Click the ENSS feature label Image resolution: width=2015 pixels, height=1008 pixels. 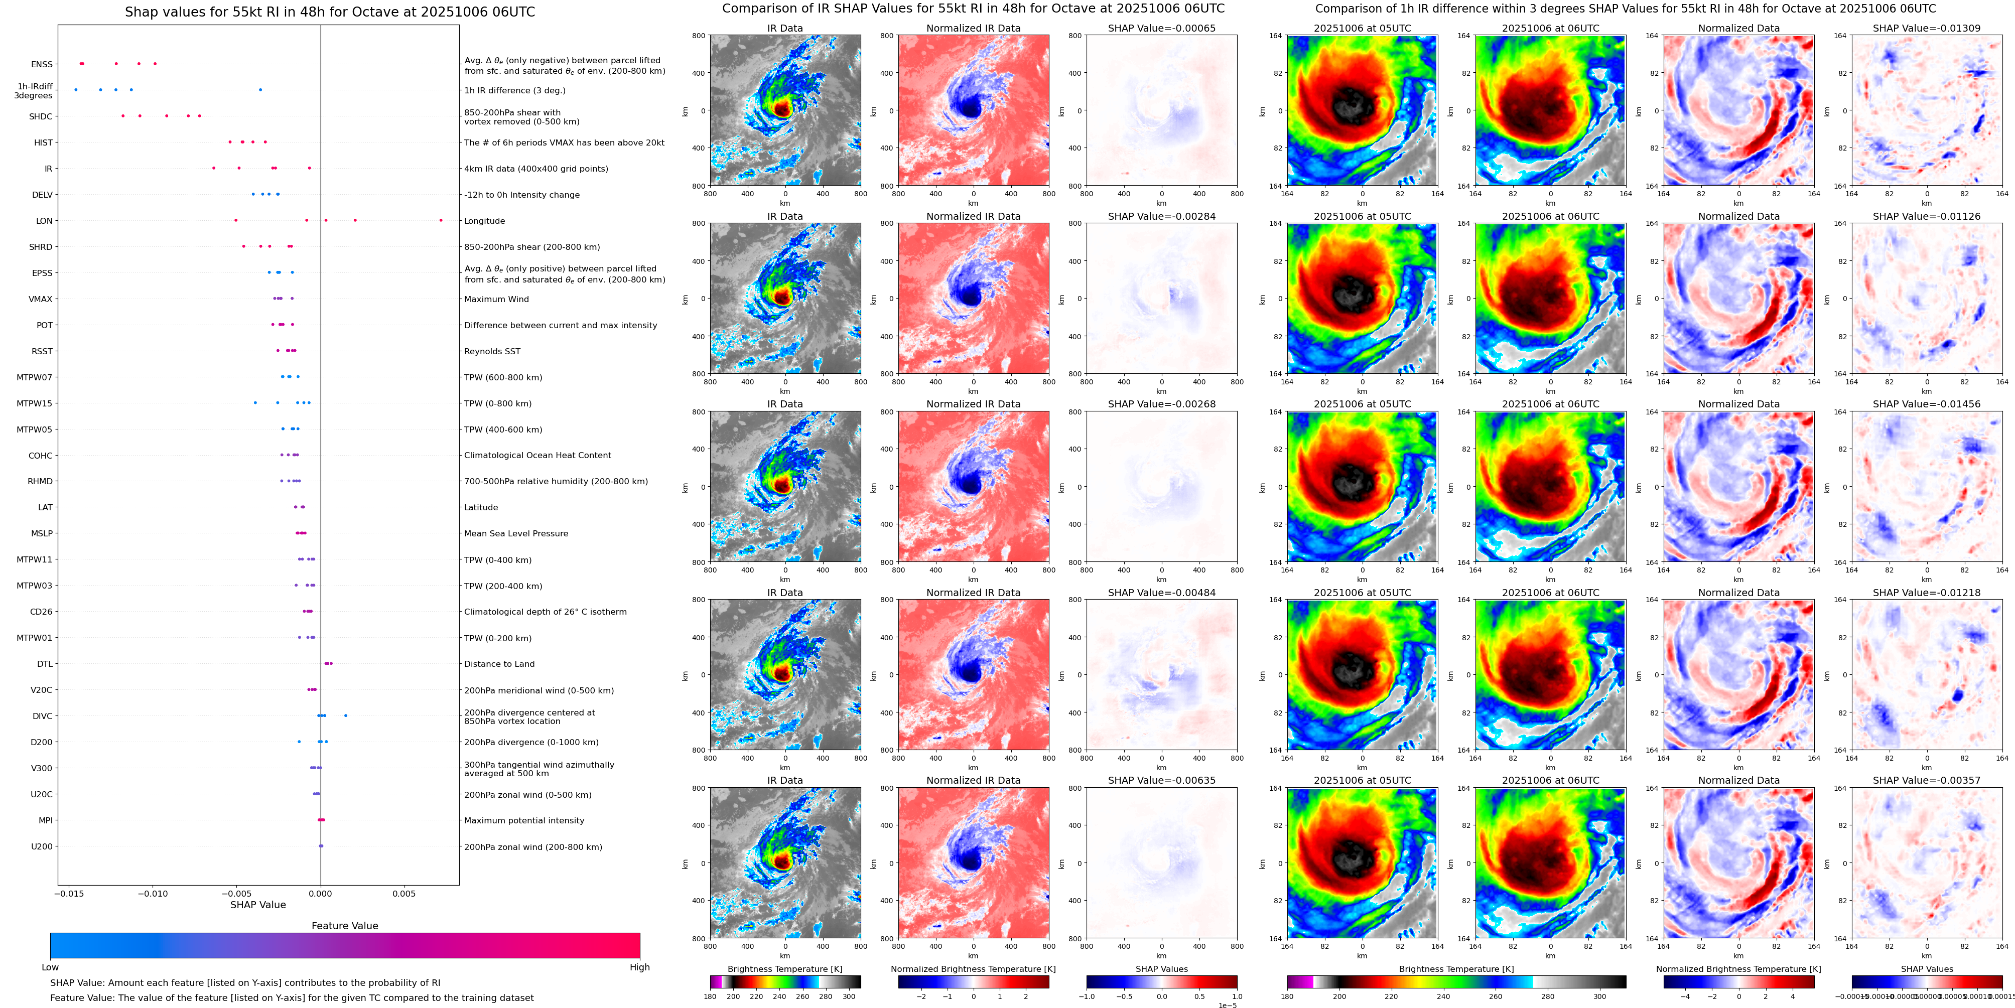(x=42, y=65)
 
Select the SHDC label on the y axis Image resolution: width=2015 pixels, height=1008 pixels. (x=41, y=116)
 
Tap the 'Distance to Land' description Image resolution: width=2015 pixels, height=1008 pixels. (x=499, y=664)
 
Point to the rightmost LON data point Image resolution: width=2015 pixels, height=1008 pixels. (x=441, y=221)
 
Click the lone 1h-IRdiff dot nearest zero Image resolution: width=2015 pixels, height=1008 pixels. (x=260, y=90)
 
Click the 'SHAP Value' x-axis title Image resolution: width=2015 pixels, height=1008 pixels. (x=257, y=905)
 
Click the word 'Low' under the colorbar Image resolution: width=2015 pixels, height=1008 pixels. (x=50, y=967)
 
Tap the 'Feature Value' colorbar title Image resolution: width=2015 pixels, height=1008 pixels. (x=344, y=926)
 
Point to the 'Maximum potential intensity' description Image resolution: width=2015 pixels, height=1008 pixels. (x=524, y=820)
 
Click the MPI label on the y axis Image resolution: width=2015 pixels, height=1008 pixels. (x=45, y=820)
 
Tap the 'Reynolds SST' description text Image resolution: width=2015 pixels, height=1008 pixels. (x=492, y=351)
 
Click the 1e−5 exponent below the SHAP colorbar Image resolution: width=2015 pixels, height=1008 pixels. (x=1227, y=1005)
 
